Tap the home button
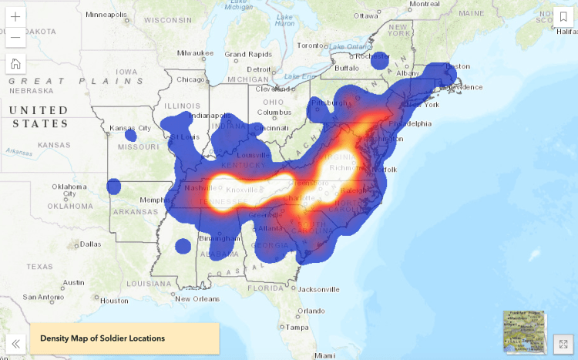[15, 64]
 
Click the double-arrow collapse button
[15, 344]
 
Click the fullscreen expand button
[563, 344]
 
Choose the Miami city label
[324, 355]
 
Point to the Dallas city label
[89, 244]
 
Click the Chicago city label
[190, 79]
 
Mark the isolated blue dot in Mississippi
[183, 246]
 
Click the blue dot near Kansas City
[129, 135]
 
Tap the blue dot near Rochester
[379, 60]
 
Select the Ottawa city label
[365, 15]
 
